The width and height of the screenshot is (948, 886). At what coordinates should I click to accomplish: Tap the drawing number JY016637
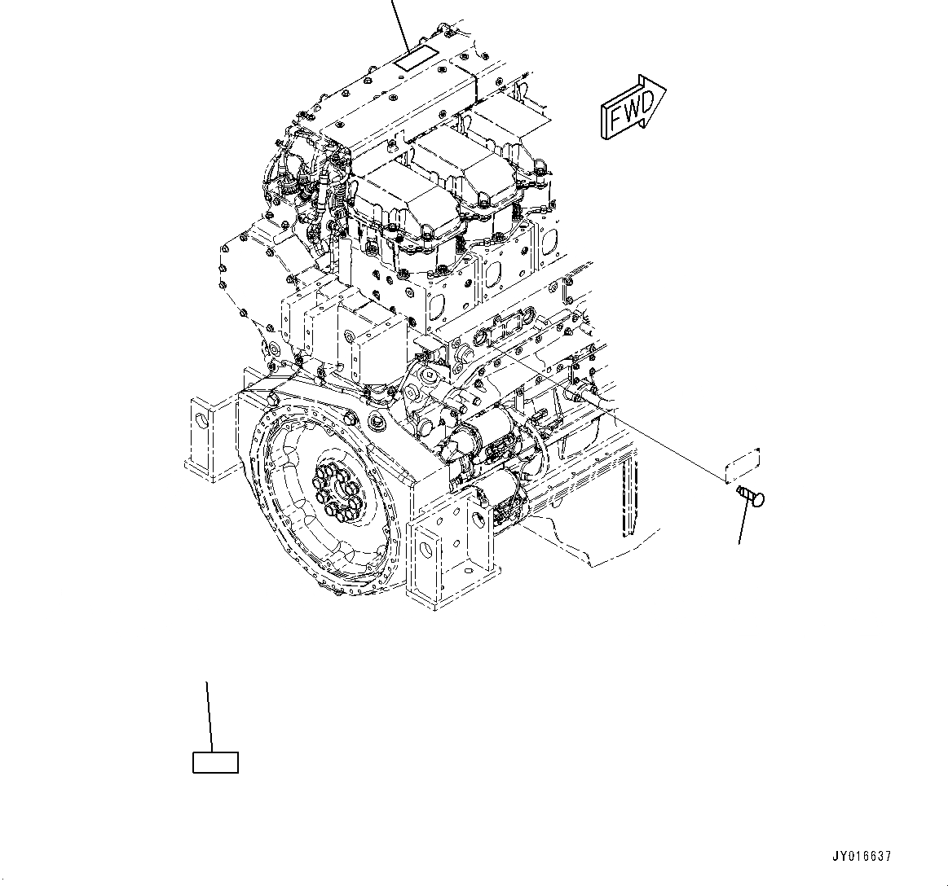(862, 857)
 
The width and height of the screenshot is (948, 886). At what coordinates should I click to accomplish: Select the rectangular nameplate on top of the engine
(415, 59)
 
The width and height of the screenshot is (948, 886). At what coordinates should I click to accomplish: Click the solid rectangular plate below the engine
(215, 762)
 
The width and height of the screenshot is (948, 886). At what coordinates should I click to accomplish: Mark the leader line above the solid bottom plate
(209, 717)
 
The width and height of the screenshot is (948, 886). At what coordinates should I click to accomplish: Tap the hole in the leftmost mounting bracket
(201, 418)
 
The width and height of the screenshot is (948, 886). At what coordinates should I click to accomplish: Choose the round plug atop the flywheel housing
(377, 421)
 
